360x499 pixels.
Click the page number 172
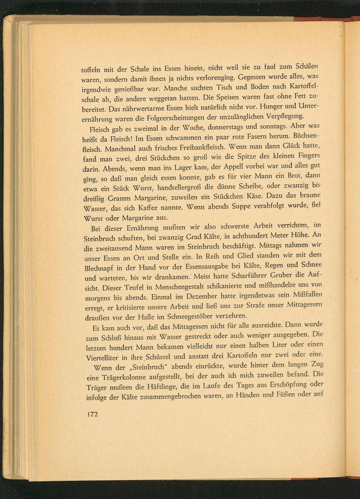tap(93, 414)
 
